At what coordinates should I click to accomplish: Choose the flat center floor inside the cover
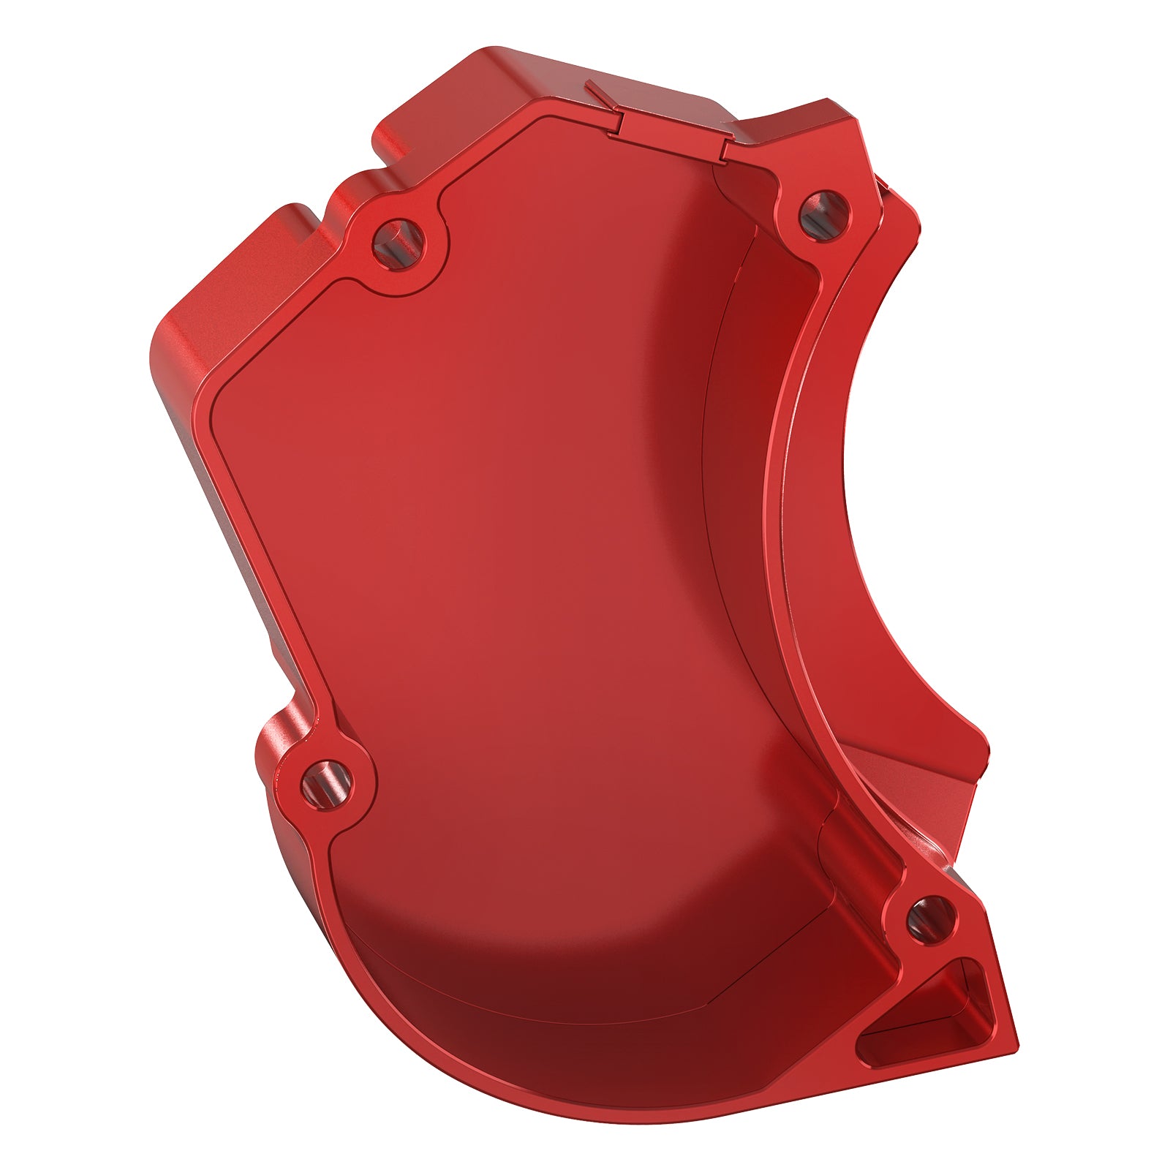[497, 548]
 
